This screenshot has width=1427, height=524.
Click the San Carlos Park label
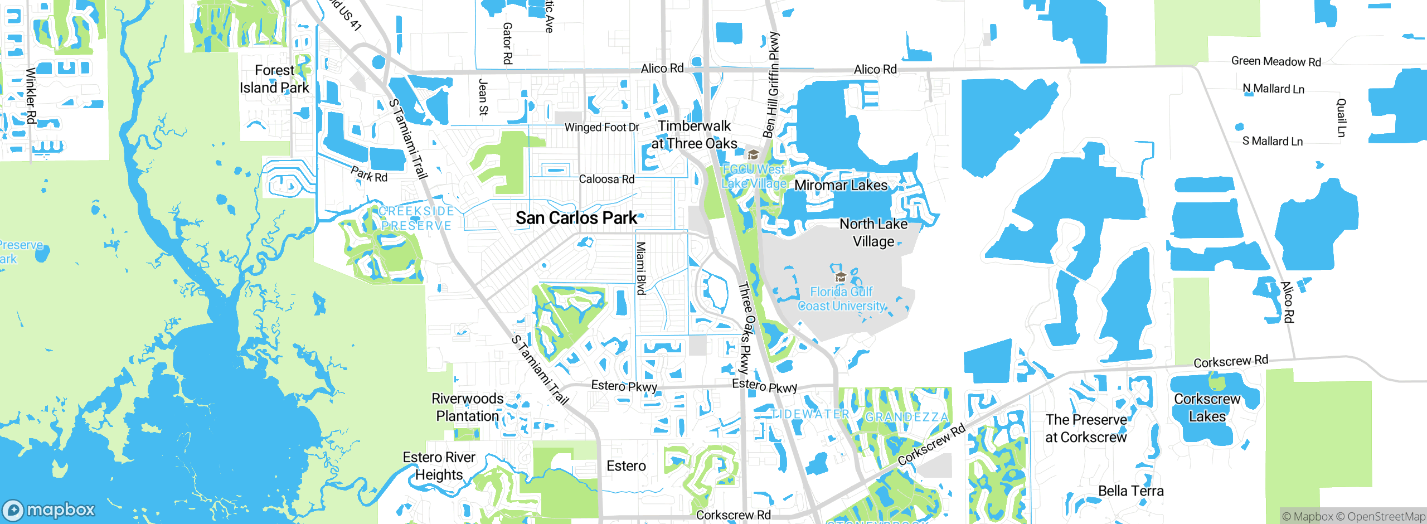click(576, 218)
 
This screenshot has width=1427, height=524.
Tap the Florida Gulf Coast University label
click(841, 299)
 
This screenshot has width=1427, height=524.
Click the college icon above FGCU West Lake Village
click(753, 154)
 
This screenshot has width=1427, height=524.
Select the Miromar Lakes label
click(841, 185)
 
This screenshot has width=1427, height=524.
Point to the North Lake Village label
click(873, 232)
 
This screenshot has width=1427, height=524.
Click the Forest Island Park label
click(274, 79)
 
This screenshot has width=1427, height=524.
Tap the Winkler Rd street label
click(31, 95)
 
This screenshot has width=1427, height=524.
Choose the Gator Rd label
click(507, 43)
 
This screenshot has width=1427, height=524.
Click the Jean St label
click(483, 98)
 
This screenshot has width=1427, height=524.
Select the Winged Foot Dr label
click(601, 127)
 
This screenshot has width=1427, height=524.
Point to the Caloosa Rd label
click(606, 179)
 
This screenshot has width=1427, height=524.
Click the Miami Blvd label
click(641, 268)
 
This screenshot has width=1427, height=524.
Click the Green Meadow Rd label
click(1276, 61)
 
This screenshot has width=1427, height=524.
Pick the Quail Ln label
click(1341, 118)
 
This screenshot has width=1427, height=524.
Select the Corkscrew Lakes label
click(1207, 407)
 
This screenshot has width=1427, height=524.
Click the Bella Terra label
click(1130, 491)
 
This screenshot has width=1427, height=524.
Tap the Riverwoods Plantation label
click(467, 407)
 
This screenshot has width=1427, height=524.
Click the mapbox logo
click(49, 510)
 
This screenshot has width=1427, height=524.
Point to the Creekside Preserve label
click(416, 219)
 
